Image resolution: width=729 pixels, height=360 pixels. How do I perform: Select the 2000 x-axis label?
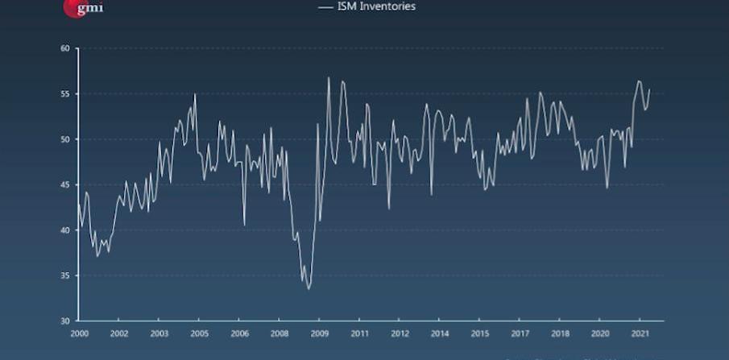click(x=79, y=333)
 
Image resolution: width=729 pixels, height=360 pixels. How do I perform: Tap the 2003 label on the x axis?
click(x=159, y=333)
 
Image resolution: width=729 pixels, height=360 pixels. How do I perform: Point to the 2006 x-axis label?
click(x=239, y=333)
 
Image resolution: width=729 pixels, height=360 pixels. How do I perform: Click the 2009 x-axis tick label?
click(x=320, y=333)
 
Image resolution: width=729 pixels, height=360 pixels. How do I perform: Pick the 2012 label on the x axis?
click(x=400, y=333)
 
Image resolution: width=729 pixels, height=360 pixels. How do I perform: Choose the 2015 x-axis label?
click(x=480, y=333)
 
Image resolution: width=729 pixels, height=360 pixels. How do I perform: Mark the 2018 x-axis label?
click(x=560, y=333)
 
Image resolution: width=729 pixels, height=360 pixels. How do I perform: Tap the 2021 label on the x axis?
click(x=640, y=333)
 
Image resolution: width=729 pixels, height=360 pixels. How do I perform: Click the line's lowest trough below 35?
click(x=309, y=288)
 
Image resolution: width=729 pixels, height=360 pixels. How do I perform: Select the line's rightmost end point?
click(x=649, y=89)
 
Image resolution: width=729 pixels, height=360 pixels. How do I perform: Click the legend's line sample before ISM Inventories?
click(x=326, y=6)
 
